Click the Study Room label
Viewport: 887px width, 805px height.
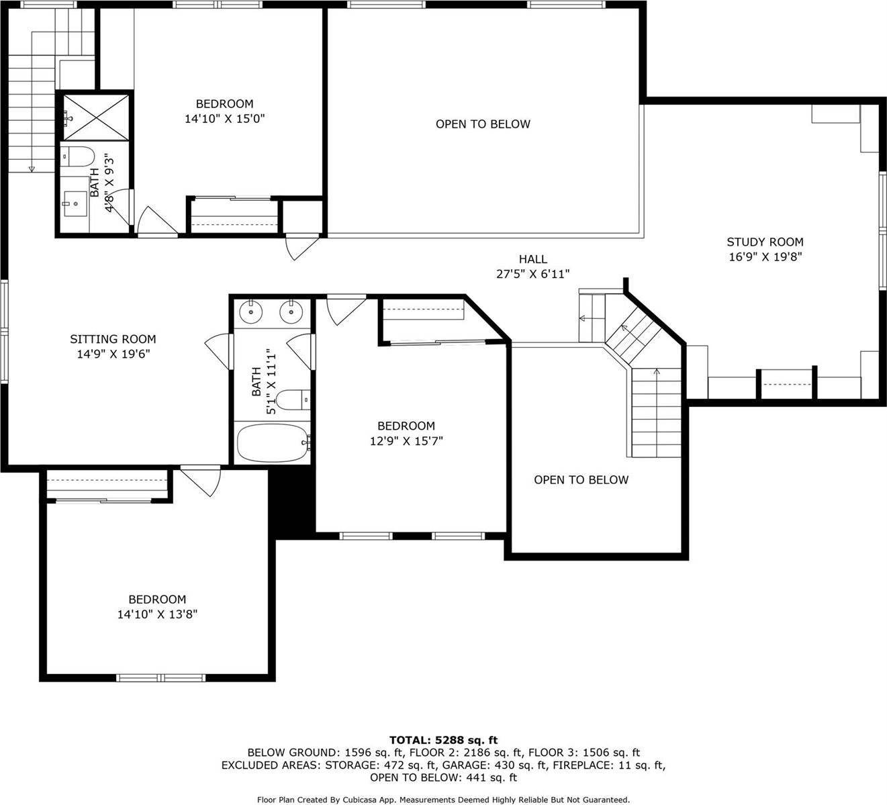pyautogui.click(x=765, y=242)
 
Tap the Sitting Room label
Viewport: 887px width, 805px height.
pyautogui.click(x=113, y=339)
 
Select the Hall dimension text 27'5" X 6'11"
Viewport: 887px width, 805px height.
pyautogui.click(x=533, y=274)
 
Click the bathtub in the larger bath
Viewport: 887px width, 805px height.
pyautogui.click(x=273, y=442)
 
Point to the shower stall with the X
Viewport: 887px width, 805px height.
pyautogui.click(x=97, y=117)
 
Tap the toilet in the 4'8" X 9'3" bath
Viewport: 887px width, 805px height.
pyautogui.click(x=78, y=157)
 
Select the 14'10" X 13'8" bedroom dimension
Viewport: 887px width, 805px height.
pyautogui.click(x=157, y=614)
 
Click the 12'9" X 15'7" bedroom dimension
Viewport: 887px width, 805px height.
pyautogui.click(x=406, y=441)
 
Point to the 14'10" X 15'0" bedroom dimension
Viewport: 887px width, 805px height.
pyautogui.click(x=225, y=119)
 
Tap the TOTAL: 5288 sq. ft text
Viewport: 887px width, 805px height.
pyautogui.click(x=443, y=740)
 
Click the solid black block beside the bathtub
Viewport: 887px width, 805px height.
pyautogui.click(x=292, y=502)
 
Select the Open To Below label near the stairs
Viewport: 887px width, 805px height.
pyautogui.click(x=581, y=480)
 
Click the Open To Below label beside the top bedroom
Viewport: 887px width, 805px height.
pyautogui.click(x=483, y=124)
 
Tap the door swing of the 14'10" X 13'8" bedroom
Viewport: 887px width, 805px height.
pyautogui.click(x=201, y=480)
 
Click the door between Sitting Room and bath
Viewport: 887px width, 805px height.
pyautogui.click(x=220, y=350)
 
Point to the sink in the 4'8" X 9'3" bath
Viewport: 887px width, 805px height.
pyautogui.click(x=76, y=203)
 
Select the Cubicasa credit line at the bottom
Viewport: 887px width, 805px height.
pyautogui.click(x=443, y=800)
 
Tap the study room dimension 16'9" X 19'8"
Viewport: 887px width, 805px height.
pyautogui.click(x=765, y=257)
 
